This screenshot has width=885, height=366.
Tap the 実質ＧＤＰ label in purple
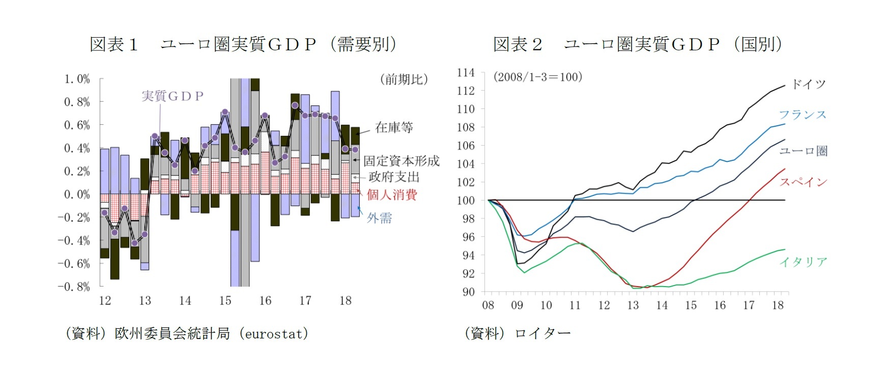click(x=173, y=96)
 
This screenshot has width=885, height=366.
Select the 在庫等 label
click(x=394, y=128)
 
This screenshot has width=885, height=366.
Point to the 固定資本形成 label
click(x=401, y=161)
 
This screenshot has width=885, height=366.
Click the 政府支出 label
click(x=394, y=177)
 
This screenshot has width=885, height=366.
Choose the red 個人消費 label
click(x=392, y=195)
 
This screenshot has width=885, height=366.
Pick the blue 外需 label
click(x=380, y=218)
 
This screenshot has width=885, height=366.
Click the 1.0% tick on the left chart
click(x=77, y=79)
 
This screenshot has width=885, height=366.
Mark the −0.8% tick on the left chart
click(x=74, y=287)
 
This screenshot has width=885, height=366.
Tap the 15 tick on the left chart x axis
click(x=225, y=301)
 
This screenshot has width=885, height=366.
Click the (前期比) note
click(x=404, y=79)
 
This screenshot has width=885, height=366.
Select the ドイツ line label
click(x=808, y=85)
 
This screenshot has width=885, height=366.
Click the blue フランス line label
click(x=803, y=115)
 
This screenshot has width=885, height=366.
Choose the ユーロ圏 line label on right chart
click(x=804, y=151)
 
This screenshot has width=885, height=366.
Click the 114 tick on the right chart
click(x=466, y=73)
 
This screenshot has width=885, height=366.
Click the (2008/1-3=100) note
click(x=537, y=77)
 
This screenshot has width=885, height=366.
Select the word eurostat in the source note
click(x=274, y=334)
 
